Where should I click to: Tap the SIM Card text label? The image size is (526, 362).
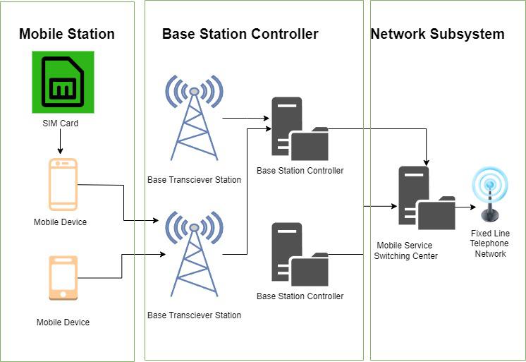click(x=60, y=123)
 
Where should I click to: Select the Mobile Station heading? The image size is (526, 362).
click(x=67, y=34)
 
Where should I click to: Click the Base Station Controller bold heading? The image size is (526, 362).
click(x=240, y=34)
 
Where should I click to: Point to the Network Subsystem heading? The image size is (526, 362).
click(x=437, y=34)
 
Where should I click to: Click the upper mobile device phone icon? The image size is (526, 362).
click(x=62, y=185)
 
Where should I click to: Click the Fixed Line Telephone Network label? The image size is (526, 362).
click(x=490, y=243)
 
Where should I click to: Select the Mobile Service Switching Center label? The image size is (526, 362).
click(x=407, y=251)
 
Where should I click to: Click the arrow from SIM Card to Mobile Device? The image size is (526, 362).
click(x=60, y=143)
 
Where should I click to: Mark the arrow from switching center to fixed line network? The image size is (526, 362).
click(x=465, y=207)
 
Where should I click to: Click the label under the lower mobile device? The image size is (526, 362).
click(x=63, y=322)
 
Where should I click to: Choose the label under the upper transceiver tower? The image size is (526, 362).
click(x=194, y=180)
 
